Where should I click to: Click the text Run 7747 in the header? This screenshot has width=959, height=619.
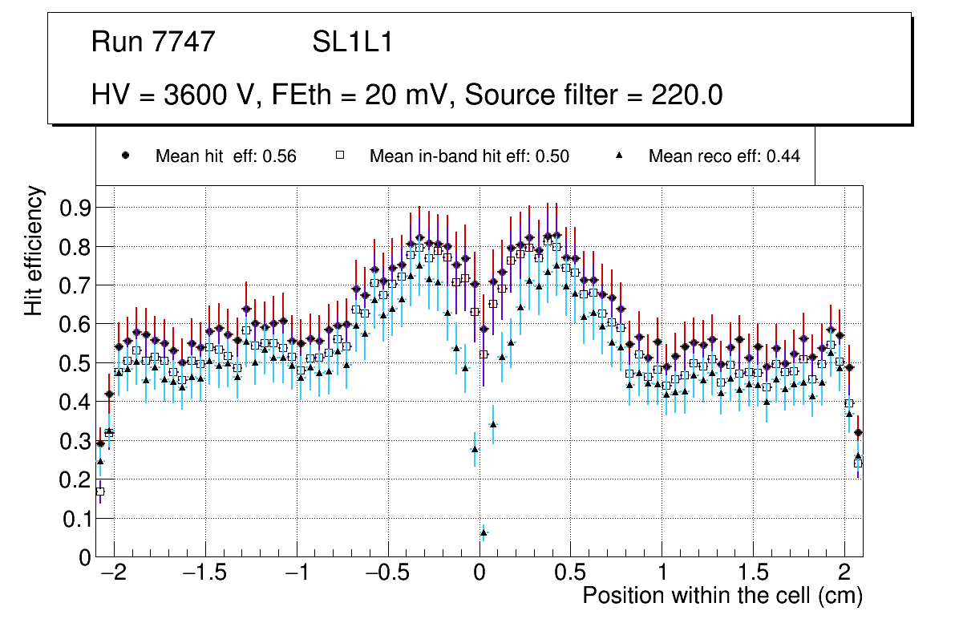coord(153,42)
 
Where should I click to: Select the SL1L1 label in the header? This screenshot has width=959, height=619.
coord(352,42)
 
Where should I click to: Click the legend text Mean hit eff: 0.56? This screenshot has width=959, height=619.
coord(225,156)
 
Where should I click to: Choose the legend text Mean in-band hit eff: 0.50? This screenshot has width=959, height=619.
coord(469,156)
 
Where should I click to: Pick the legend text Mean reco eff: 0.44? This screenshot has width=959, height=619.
coord(724,156)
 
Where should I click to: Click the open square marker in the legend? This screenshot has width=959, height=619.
coord(339,156)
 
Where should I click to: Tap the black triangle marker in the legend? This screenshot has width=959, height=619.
coord(619,156)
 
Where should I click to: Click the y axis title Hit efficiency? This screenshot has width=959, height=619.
coord(34,250)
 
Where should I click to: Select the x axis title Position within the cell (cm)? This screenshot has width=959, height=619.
coord(722,597)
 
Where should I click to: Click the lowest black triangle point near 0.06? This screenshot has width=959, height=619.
coord(484,532)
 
